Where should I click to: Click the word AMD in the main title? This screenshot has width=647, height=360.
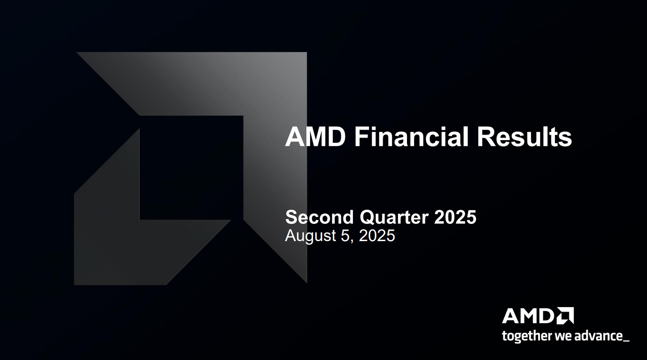coord(315,137)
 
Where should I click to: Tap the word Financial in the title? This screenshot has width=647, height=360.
coord(411,137)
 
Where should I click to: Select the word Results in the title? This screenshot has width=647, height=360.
coord(524,137)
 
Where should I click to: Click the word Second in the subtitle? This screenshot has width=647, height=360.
coord(319,217)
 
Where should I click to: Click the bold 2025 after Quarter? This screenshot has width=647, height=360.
coord(455,217)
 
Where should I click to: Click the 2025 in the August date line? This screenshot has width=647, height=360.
coord(377,236)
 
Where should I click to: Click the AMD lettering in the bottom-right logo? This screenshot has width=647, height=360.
coord(528,316)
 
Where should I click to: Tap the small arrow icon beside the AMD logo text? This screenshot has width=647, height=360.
coord(565,316)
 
